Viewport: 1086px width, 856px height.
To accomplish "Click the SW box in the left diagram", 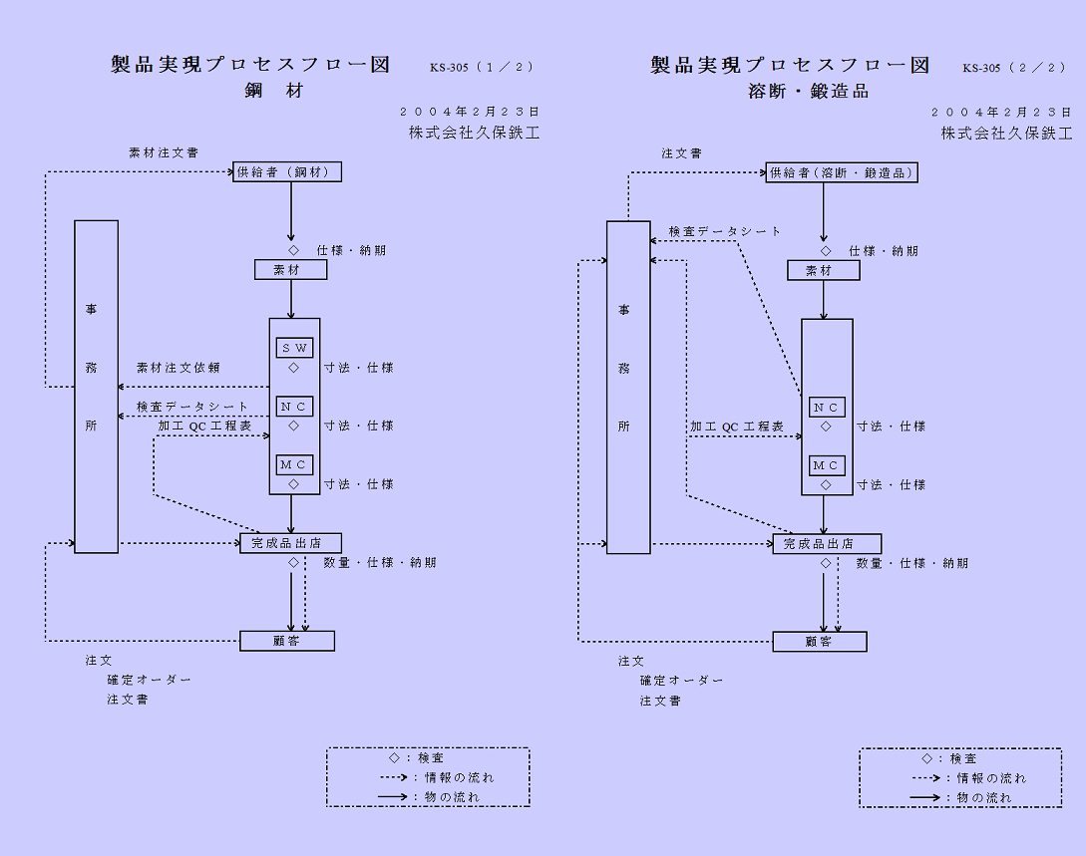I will click(x=294, y=348).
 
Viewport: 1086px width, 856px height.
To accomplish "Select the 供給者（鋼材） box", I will click(x=287, y=172).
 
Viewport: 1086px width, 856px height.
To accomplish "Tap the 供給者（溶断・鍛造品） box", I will click(x=842, y=172).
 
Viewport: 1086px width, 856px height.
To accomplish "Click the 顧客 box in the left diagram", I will click(x=287, y=641).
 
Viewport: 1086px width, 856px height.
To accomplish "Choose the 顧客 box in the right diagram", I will click(x=819, y=642).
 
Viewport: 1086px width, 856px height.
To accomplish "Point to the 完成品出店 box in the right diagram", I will click(x=827, y=544).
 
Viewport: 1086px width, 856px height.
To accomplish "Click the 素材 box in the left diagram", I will click(x=290, y=270).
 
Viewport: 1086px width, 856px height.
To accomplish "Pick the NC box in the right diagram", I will click(x=826, y=407).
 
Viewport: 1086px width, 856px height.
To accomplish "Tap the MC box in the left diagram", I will click(x=294, y=464).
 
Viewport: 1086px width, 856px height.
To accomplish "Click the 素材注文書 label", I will click(x=164, y=153).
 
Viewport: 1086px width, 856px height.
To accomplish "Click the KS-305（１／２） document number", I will click(x=482, y=68).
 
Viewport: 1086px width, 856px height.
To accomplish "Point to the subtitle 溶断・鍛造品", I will click(x=809, y=92).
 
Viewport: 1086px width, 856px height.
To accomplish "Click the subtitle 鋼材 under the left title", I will click(x=274, y=91).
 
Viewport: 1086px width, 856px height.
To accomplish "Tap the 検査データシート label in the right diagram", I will click(x=725, y=231).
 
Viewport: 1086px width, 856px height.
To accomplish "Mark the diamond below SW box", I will click(x=293, y=368).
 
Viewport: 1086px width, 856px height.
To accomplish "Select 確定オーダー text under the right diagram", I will click(x=682, y=681).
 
